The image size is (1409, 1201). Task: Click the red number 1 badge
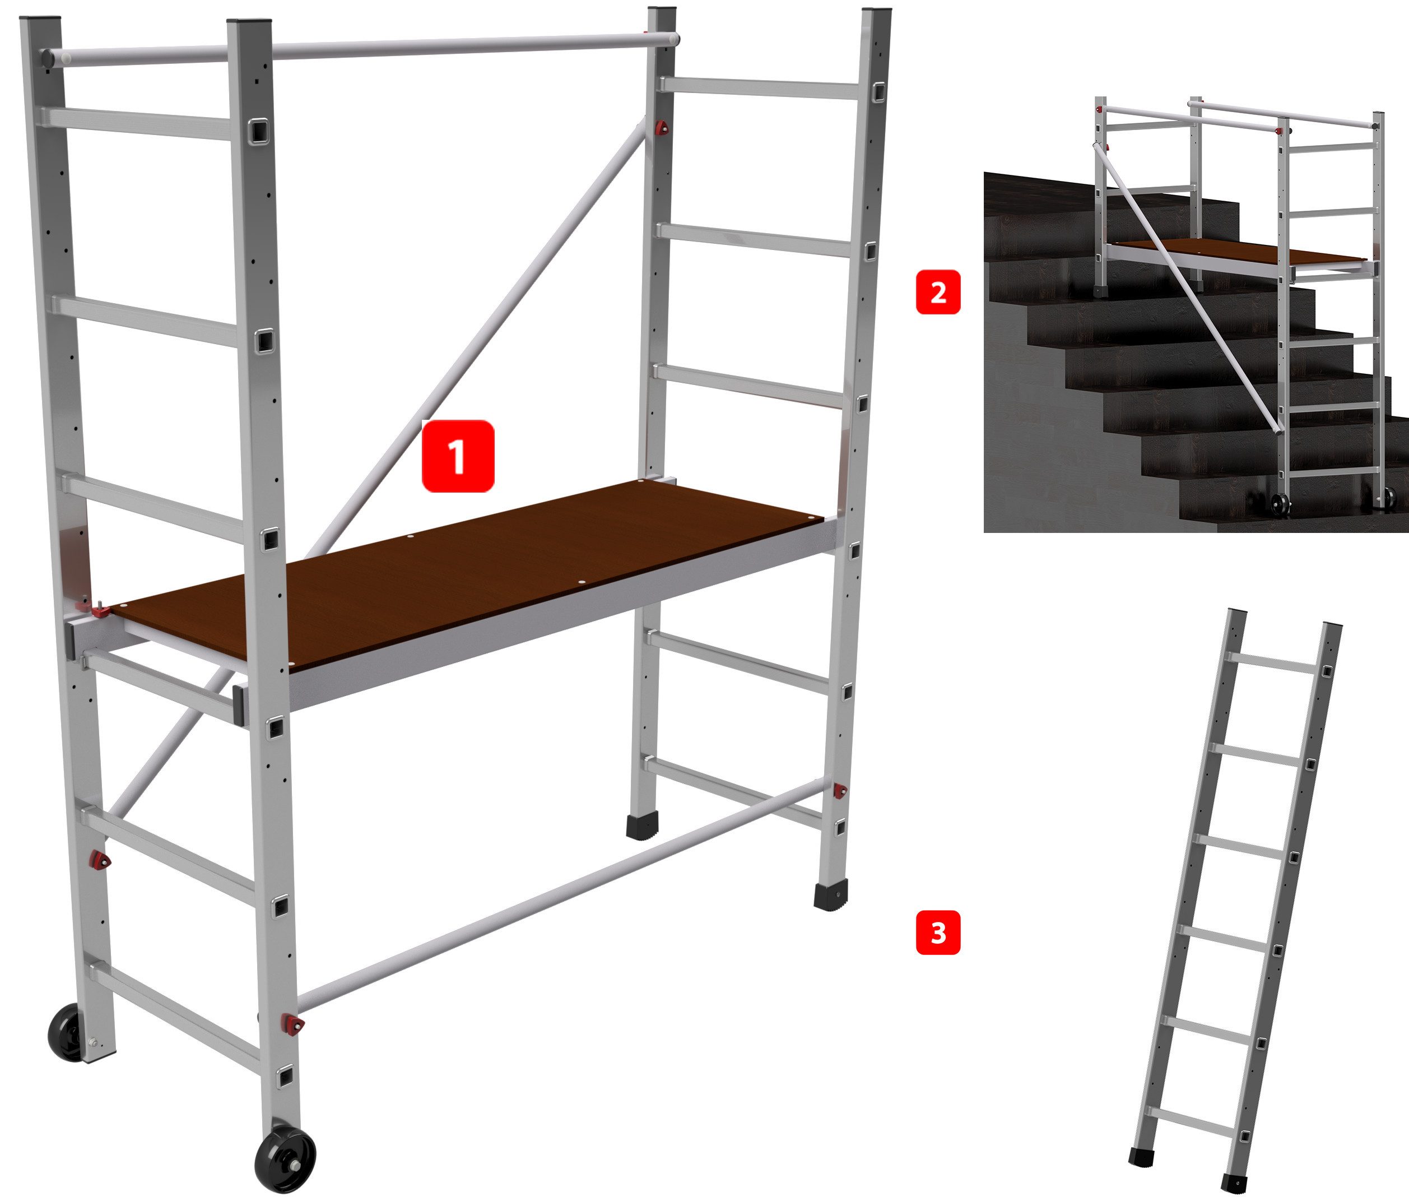pyautogui.click(x=458, y=456)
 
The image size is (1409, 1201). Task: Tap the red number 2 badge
pyautogui.click(x=938, y=292)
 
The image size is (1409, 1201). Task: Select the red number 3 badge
pyautogui.click(x=938, y=933)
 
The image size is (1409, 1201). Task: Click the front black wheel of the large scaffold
pyautogui.click(x=285, y=1159)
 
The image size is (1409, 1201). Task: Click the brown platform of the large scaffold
pyautogui.click(x=469, y=574)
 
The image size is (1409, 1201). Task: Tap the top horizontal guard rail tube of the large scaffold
pyautogui.click(x=360, y=47)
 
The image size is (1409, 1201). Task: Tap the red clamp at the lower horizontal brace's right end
pyautogui.click(x=840, y=790)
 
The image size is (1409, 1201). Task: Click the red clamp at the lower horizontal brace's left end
pyautogui.click(x=294, y=1023)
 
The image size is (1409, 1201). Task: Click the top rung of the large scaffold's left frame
pyautogui.click(x=141, y=123)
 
